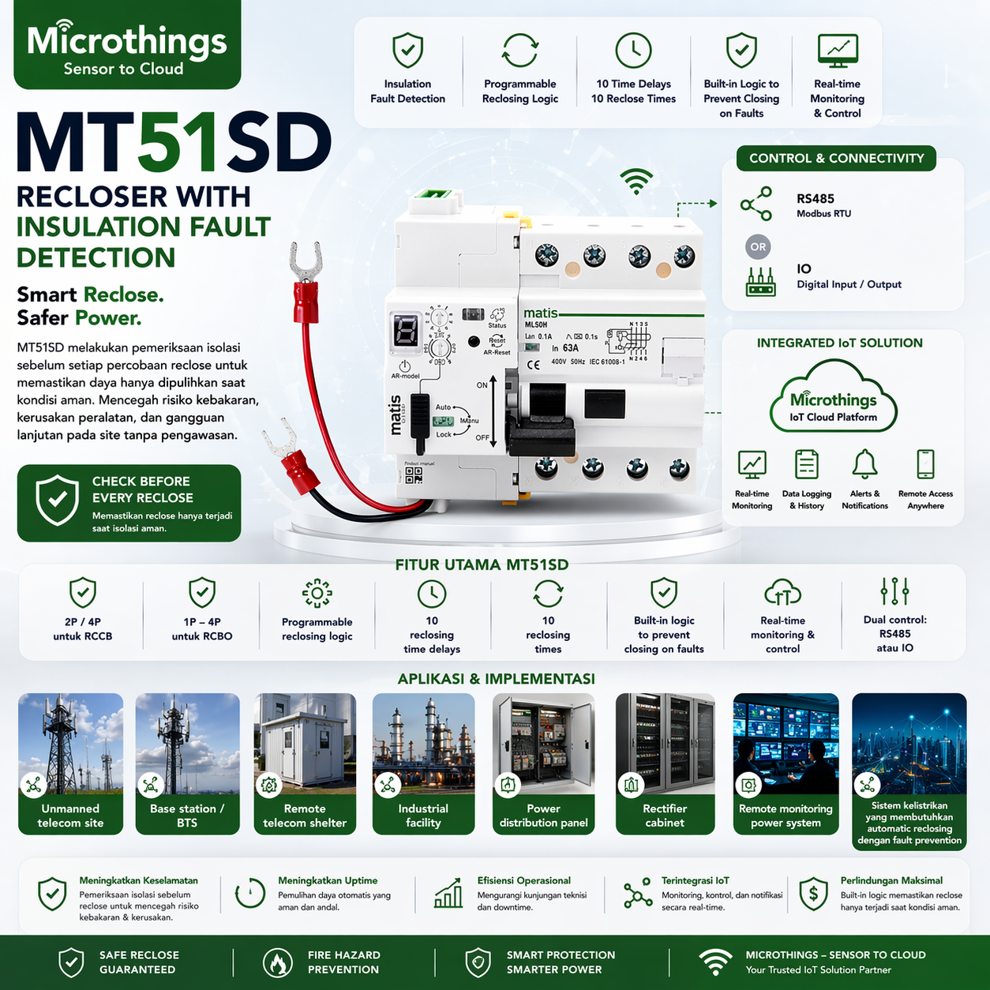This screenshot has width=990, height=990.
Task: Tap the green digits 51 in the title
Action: tap(178, 143)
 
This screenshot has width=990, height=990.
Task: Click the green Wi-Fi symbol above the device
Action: tap(636, 181)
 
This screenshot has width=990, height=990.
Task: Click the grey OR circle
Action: tap(758, 247)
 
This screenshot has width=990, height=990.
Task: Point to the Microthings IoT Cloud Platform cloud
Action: tap(834, 399)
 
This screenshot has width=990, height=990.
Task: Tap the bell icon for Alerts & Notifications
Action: tap(864, 464)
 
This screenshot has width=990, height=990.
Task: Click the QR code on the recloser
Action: tap(414, 474)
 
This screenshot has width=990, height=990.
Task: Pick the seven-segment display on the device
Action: tap(406, 330)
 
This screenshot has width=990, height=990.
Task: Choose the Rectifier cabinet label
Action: tap(665, 816)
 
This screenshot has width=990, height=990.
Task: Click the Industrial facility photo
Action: tap(423, 743)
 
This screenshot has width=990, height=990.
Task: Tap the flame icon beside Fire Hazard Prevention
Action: tap(277, 962)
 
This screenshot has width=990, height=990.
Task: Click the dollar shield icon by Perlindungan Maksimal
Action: tap(813, 894)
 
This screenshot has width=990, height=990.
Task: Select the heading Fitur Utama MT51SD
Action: tap(482, 564)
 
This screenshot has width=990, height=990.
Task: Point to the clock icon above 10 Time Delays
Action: tap(633, 51)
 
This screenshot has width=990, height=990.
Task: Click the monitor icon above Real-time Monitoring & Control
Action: tap(838, 51)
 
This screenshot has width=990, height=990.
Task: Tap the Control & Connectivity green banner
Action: tap(836, 158)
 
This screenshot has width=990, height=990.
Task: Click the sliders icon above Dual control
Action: tap(894, 591)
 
